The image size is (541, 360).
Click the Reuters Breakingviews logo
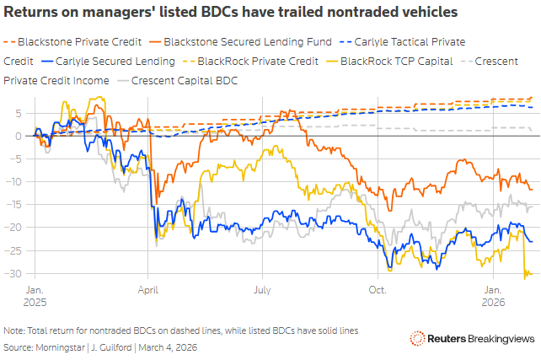(x=471, y=339)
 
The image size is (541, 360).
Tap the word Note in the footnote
(x=13, y=330)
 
